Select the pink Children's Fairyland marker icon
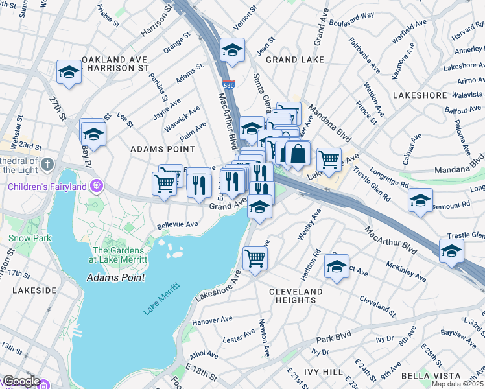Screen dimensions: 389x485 tap(97, 187)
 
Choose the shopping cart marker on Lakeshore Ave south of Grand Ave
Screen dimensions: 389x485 tap(255, 258)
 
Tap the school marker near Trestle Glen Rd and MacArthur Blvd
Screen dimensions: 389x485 tap(451, 251)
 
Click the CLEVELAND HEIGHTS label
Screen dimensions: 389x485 tap(296, 296)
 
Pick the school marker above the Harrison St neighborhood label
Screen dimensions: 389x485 tap(68, 73)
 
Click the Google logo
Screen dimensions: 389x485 tap(21, 381)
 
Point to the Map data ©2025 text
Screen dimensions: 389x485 tap(458, 384)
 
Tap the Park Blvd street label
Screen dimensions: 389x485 tap(333, 339)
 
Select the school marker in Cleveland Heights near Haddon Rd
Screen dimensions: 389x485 tap(337, 266)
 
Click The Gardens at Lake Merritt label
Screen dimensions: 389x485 tap(120, 255)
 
